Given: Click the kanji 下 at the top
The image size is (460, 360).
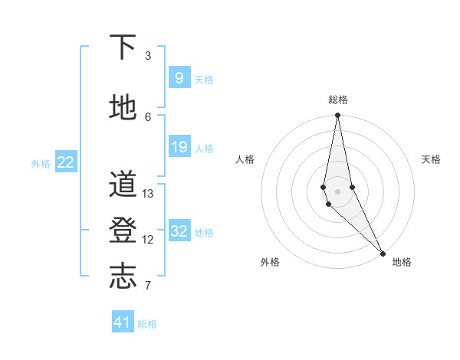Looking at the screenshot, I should point(123,47).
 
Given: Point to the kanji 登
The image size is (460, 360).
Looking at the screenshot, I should point(123,230).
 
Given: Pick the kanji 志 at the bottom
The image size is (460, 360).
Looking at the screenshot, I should point(123,276).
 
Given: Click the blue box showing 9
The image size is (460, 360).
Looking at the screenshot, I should point(179,77).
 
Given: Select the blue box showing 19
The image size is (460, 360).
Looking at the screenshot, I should point(179,146).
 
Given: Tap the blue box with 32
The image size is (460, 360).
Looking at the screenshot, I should point(179,231).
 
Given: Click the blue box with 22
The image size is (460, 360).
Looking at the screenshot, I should point(65,162).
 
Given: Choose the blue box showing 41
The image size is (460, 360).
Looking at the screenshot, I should point(123,322).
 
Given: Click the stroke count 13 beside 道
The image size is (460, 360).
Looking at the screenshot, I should point(148,194).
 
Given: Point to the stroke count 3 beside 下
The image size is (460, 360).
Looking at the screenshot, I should point(148,56).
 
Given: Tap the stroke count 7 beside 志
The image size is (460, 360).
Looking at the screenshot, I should point(148,286).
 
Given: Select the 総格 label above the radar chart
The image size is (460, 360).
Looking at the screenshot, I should point(337,100).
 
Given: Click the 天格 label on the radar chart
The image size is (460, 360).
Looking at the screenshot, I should point(431,159).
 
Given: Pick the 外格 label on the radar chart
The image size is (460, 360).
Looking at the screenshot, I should point(269,262).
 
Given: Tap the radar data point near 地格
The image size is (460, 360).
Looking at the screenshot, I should point(383,252).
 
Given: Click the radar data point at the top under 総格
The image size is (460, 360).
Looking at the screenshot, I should point(337,116).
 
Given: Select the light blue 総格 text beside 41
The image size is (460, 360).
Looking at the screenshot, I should point(147,324).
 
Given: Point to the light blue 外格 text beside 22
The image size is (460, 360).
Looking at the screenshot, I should point(41,163).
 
